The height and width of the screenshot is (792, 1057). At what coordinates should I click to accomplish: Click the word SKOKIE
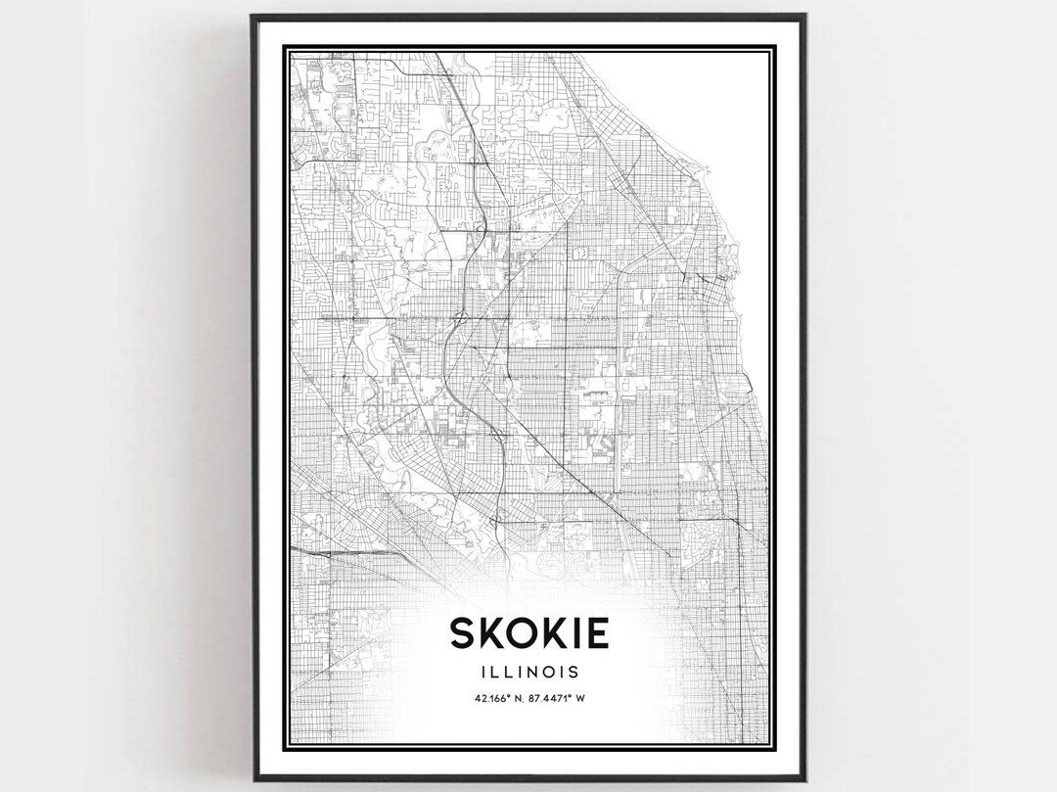coord(529,632)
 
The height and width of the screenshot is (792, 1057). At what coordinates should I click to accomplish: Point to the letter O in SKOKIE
coord(528,632)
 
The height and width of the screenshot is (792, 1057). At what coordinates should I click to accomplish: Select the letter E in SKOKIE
coord(596,632)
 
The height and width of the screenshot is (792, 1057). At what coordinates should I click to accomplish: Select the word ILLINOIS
coord(529,673)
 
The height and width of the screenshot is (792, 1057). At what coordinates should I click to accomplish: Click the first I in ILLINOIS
coord(484,673)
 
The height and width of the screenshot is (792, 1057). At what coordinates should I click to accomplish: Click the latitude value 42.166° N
coord(496,698)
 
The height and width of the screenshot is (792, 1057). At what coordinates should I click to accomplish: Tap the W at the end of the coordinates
coord(582,698)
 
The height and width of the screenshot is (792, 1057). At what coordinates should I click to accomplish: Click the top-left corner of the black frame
coord(253,16)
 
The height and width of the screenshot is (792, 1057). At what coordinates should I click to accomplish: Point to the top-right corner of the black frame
coord(804,16)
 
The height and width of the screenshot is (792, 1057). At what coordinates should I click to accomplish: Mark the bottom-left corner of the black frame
coord(253,779)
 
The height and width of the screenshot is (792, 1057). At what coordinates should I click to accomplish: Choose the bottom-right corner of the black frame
coord(804,779)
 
